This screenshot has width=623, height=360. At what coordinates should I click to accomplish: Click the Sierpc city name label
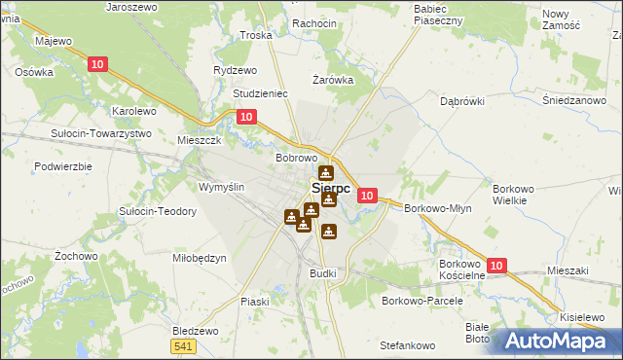tap(331, 188)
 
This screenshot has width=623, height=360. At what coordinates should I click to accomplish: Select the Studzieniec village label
tap(261, 94)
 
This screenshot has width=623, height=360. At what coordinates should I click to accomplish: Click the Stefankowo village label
tap(407, 345)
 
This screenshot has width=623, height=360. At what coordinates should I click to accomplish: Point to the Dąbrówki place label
tap(462, 100)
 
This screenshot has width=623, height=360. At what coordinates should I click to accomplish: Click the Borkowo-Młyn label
tap(437, 208)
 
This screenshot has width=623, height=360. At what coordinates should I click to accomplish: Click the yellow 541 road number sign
tap(182, 346)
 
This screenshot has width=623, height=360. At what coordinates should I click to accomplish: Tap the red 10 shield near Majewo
tap(95, 64)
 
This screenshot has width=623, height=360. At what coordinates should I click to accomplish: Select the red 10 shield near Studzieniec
tap(247, 117)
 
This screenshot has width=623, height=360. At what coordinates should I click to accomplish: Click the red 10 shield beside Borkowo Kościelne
tap(496, 265)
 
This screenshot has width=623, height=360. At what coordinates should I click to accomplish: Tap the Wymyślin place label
tap(221, 187)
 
